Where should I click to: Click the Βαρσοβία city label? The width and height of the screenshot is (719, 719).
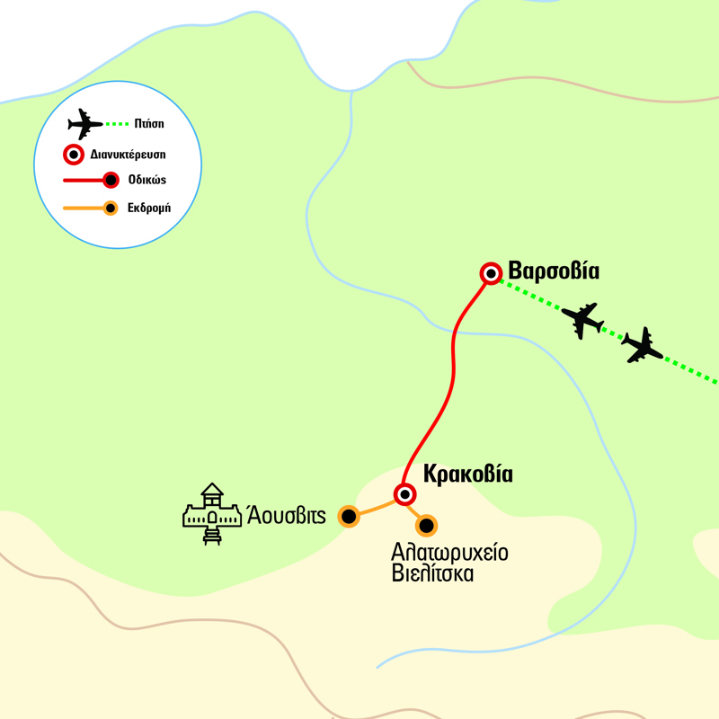tap(554, 271)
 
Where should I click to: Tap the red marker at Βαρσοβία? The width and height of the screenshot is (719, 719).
tap(491, 273)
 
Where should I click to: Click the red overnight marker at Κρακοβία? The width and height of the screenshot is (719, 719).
tap(405, 493)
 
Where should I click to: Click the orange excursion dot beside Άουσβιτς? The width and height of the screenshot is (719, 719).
tap(348, 516)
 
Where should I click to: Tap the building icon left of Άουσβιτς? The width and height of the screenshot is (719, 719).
tap(212, 515)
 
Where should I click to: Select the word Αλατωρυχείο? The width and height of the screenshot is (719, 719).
tap(449, 552)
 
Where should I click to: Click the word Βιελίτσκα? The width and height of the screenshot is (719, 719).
tap(432, 573)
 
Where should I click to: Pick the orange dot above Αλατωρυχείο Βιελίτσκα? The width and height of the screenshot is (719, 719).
tap(426, 525)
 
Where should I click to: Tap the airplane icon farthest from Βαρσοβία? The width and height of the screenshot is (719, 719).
tap(642, 345)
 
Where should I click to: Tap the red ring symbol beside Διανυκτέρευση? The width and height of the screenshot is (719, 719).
tap(72, 153)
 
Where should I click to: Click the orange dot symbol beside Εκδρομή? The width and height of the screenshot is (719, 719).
tap(110, 209)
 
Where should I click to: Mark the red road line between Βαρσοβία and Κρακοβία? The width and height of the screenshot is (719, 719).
tap(452, 359)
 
